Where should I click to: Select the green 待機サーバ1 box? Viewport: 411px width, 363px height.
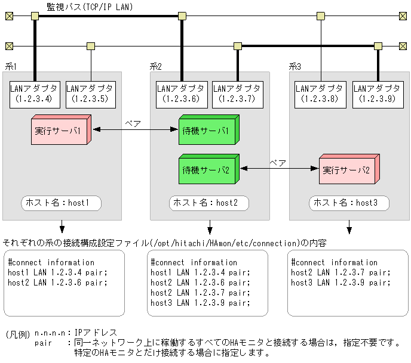[207, 131]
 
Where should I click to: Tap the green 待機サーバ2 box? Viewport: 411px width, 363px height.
[207, 169]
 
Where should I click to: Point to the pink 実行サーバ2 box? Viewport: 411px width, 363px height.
[348, 169]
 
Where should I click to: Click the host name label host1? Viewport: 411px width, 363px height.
[62, 203]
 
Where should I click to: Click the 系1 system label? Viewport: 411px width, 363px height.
[11, 66]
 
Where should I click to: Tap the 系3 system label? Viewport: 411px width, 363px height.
[295, 66]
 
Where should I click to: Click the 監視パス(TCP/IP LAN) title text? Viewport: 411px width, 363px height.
[90, 7]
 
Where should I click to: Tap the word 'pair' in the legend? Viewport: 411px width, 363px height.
[44, 343]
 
